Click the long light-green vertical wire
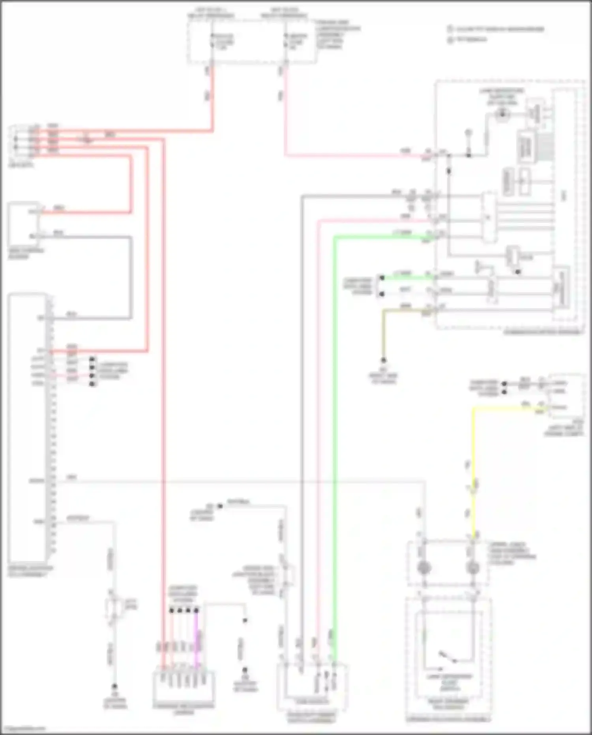click(x=335, y=434)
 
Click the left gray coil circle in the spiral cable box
click(x=424, y=568)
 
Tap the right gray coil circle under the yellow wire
click(x=472, y=568)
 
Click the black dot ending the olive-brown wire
click(x=383, y=360)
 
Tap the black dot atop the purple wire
click(x=197, y=611)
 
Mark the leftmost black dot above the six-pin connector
click(x=171, y=611)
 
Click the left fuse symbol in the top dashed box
click(x=212, y=41)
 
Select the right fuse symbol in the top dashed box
click(x=285, y=41)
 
